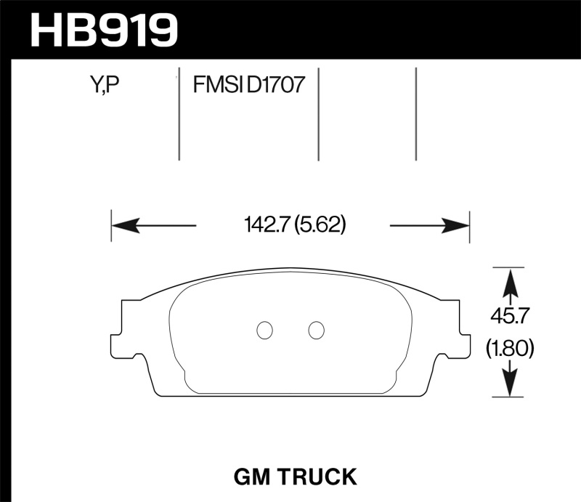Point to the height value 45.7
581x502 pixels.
point(511,317)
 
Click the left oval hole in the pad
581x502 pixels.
point(265,330)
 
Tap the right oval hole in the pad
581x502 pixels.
point(315,330)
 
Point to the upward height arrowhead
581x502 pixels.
point(511,280)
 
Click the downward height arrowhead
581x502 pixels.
point(511,384)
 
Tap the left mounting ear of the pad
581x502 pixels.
point(123,328)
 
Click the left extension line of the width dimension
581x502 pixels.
point(111,226)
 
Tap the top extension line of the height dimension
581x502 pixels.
point(508,267)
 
